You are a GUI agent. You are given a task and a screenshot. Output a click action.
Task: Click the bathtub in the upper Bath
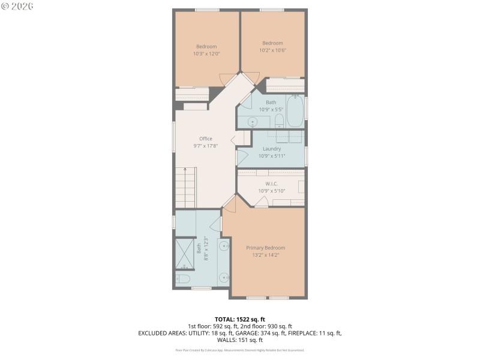tap(295, 112)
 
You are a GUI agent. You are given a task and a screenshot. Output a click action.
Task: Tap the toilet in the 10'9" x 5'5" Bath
tap(279, 121)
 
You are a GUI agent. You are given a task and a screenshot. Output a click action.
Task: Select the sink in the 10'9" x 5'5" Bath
tap(253, 122)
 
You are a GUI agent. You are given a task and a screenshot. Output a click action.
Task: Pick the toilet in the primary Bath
tap(184, 279)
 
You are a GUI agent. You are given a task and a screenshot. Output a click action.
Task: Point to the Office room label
tap(206, 139)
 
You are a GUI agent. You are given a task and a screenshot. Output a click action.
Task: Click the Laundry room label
tap(271, 149)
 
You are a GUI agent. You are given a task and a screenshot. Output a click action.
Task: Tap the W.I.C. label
tap(271, 184)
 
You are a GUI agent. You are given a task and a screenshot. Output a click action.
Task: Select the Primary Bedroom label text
tap(266, 248)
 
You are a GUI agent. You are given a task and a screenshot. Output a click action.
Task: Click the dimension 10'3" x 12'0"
tap(206, 53)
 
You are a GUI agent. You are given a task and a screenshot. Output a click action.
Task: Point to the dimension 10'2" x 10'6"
tap(272, 50)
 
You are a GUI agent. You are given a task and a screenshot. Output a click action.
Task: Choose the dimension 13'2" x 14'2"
tap(266, 255)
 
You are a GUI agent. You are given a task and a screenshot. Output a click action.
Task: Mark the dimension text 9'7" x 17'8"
tap(206, 146)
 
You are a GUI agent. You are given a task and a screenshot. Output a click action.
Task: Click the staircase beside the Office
tap(186, 188)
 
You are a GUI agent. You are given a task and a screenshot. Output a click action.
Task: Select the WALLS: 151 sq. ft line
tap(240, 340)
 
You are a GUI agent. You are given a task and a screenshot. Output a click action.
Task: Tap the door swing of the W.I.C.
tap(260, 202)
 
